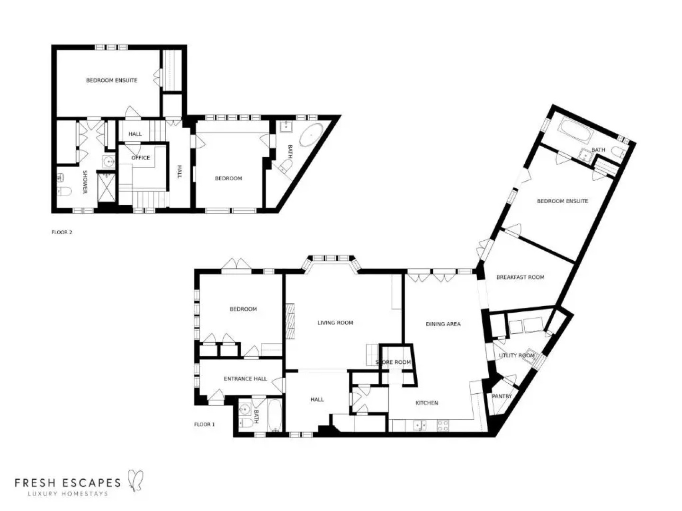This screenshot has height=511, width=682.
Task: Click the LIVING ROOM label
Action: pyautogui.click(x=335, y=323)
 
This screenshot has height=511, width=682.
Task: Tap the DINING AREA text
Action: pyautogui.click(x=443, y=324)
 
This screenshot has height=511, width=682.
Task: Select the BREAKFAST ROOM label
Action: pyautogui.click(x=520, y=277)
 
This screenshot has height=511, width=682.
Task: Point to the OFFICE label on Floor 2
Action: pyautogui.click(x=140, y=158)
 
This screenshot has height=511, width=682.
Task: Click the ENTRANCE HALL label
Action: pyautogui.click(x=245, y=379)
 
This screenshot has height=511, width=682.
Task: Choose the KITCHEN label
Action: pyautogui.click(x=427, y=403)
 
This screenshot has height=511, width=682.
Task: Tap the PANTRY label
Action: pyautogui.click(x=502, y=396)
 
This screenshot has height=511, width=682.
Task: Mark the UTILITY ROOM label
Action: pyautogui.click(x=516, y=355)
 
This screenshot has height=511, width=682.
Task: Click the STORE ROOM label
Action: pyautogui.click(x=393, y=362)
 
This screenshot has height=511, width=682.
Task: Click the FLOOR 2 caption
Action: pyautogui.click(x=62, y=232)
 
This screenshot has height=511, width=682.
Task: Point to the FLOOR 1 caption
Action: pyautogui.click(x=204, y=424)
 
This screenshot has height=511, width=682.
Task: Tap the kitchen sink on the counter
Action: pyautogui.click(x=420, y=425)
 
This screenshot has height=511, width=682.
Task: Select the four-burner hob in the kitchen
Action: pyautogui.click(x=442, y=425)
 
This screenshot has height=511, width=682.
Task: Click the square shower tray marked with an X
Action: pyautogui.click(x=107, y=188)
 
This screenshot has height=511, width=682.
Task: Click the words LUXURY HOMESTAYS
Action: pyautogui.click(x=67, y=494)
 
